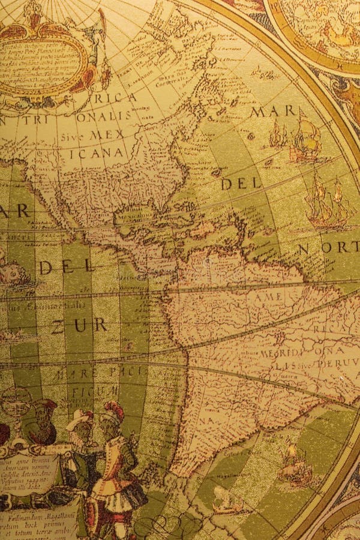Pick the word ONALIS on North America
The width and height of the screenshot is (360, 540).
tap(103, 116)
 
